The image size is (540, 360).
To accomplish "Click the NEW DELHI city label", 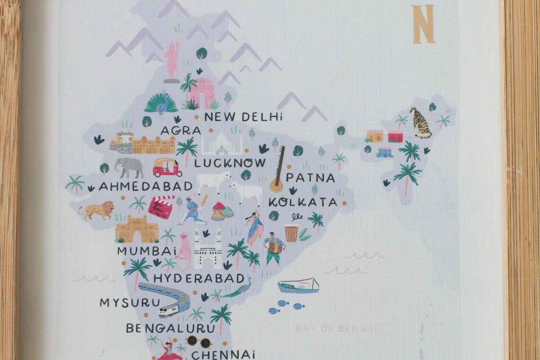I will point(243,117).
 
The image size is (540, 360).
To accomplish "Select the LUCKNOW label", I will point(230,163).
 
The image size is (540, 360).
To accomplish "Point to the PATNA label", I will point(311,179).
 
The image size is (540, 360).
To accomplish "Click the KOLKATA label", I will point(303,203).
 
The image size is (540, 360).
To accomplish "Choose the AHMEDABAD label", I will point(146,187).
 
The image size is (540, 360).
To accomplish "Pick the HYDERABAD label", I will point(199,278).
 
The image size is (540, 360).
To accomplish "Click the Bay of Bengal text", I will point(337,328).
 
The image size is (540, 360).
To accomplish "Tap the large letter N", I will point(423,24).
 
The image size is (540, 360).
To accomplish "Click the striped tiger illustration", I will point(420,123).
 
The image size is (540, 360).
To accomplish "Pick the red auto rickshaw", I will point(167,167).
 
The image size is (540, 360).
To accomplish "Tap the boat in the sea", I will point(298,286).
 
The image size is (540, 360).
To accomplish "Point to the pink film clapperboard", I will point(161,207).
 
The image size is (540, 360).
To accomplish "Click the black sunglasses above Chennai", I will point(198,341).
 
